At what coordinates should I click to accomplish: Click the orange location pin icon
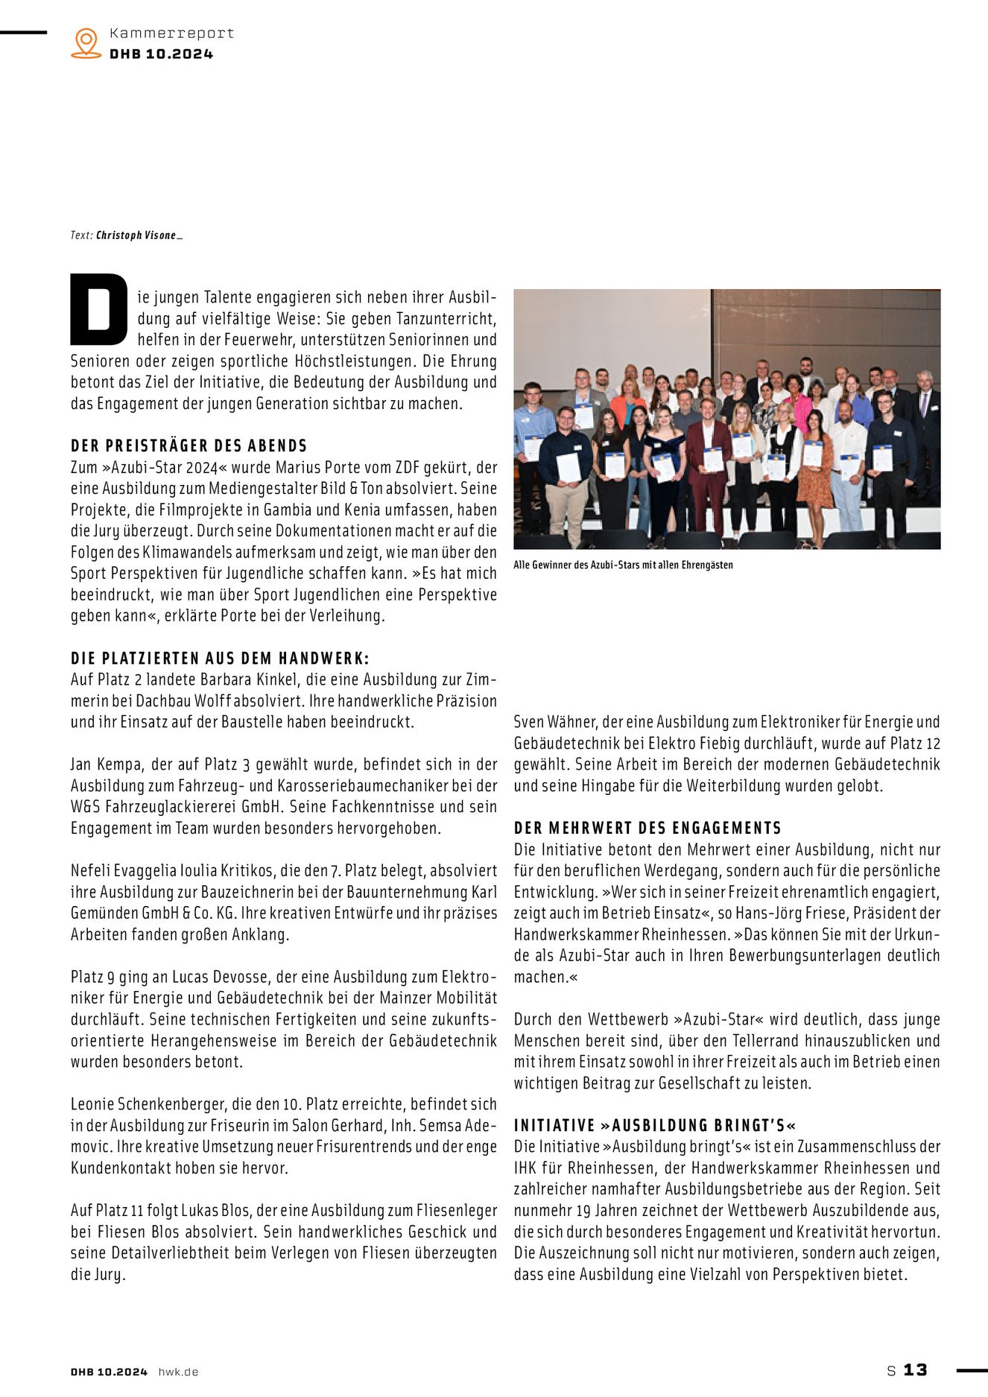click(86, 42)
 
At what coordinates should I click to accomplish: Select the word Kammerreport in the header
click(171, 34)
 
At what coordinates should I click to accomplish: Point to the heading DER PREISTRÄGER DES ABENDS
click(189, 446)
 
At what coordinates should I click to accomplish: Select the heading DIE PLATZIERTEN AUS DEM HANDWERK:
click(220, 659)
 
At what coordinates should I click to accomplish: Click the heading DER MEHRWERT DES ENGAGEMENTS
click(647, 829)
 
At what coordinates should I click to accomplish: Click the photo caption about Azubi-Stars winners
click(623, 566)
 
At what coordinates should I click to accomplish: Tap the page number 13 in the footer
click(915, 1370)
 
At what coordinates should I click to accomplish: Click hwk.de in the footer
click(178, 1372)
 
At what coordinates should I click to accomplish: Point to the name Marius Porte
click(314, 468)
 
